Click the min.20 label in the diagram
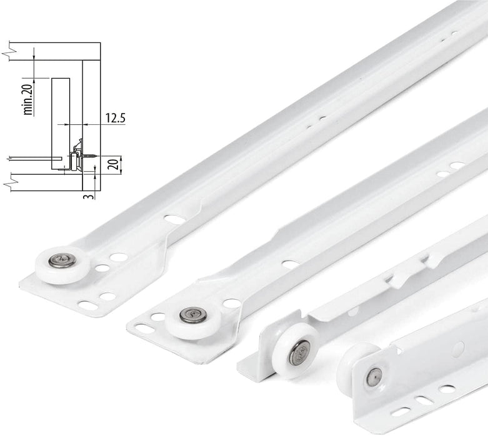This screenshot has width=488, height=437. tap(28, 100)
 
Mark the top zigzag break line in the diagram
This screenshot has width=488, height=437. tap(7, 45)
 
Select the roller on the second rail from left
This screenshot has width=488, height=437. tap(191, 318)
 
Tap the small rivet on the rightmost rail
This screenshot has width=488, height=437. tap(374, 377)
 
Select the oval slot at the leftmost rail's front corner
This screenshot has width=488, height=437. tap(89, 305)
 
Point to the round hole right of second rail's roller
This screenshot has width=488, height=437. tap(232, 303)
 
